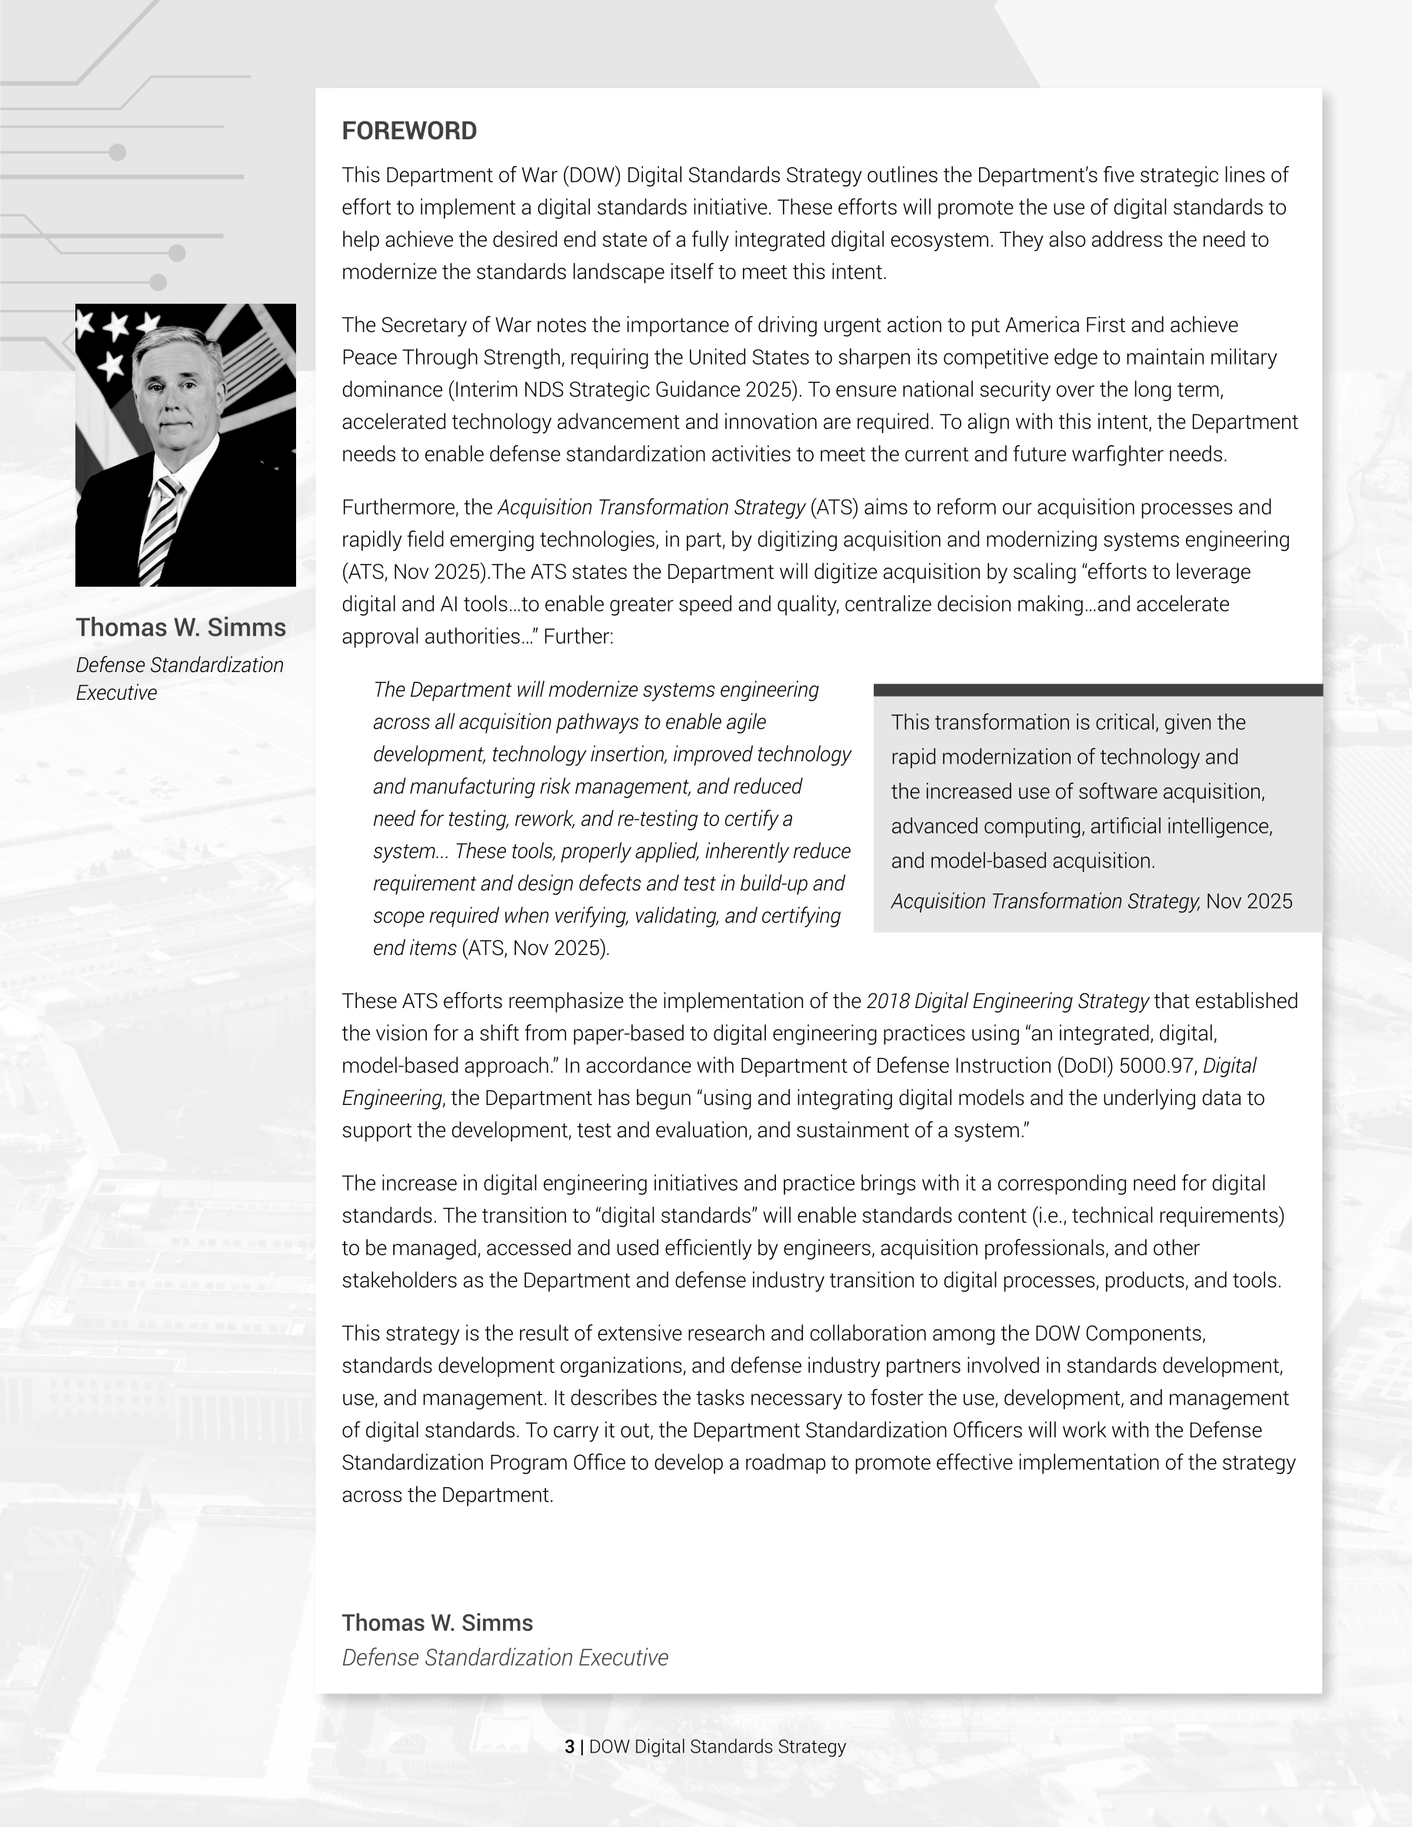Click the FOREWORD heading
(409, 131)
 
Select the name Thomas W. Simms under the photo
(181, 627)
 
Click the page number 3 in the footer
(570, 1747)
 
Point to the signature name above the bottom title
(437, 1623)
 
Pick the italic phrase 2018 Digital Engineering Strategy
(1007, 1001)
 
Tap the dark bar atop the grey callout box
(1097, 691)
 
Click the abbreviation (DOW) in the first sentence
(591, 175)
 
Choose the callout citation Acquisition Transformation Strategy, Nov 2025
(1091, 902)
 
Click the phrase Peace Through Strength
(452, 358)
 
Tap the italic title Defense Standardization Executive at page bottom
(505, 1658)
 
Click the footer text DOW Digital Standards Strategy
(717, 1747)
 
